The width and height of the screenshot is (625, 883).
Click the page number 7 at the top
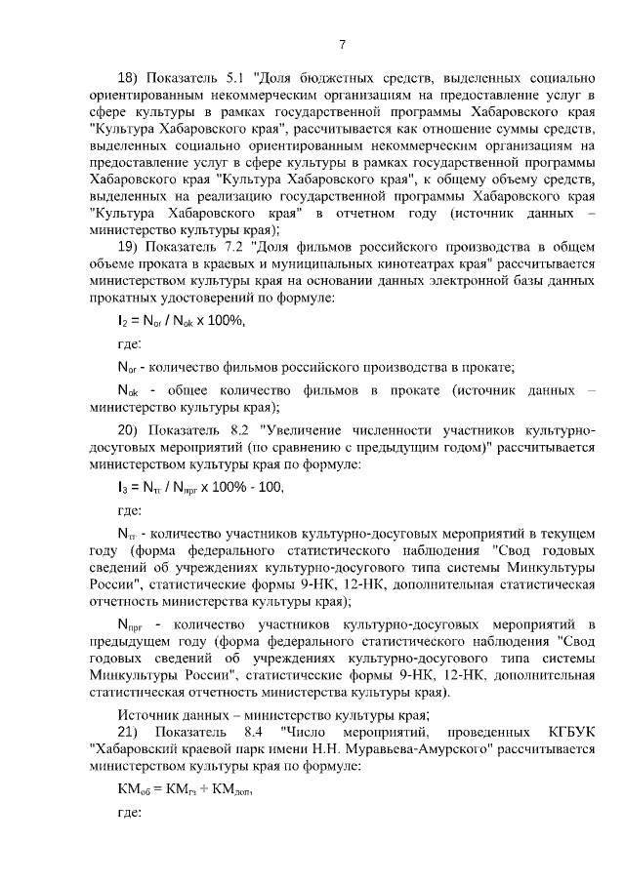pos(343,44)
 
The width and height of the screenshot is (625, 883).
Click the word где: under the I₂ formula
pos(129,343)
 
